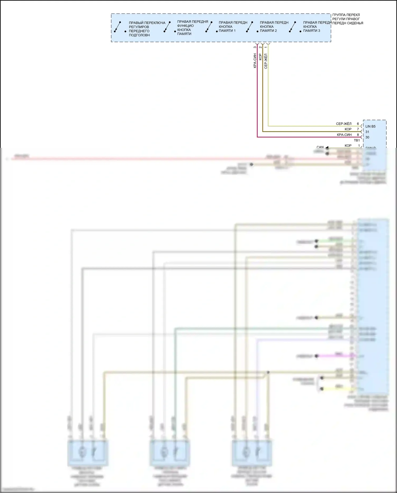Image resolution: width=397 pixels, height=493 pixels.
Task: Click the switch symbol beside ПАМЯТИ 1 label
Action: point(209,27)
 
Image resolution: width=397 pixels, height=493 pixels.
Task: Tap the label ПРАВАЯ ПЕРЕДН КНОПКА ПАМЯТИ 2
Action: point(274,26)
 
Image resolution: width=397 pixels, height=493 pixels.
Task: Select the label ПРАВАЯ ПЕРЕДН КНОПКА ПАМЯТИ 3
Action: point(317,26)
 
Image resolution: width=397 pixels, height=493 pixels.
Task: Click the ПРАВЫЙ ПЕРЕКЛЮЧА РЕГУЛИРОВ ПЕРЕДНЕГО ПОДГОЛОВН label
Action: point(147,29)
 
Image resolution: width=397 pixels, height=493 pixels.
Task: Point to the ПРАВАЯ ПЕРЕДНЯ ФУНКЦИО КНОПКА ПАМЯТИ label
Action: point(192,28)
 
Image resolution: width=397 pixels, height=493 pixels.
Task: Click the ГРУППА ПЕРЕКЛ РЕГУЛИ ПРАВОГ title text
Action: point(348,19)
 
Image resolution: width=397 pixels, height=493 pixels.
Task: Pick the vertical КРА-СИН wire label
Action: point(255,61)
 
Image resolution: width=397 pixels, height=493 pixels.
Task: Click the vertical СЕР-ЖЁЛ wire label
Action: point(266,61)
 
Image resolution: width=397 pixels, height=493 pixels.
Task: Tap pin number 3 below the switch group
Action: point(255,47)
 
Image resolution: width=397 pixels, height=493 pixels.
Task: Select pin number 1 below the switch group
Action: point(266,47)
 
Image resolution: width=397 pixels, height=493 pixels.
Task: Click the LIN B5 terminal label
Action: point(370,126)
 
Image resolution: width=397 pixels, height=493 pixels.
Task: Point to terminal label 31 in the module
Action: point(367,132)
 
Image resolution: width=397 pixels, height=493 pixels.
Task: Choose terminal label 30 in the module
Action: point(367,137)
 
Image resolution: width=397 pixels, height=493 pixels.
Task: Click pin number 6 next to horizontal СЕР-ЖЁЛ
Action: point(358,124)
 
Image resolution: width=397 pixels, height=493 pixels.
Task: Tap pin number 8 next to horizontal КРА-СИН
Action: point(358,135)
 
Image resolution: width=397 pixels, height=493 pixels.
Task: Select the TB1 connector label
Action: point(357,140)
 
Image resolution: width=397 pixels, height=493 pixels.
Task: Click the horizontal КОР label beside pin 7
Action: point(348,129)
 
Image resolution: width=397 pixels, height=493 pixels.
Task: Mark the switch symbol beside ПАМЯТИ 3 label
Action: point(292,27)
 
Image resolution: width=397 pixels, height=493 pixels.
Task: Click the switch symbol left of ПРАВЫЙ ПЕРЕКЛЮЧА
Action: point(117,27)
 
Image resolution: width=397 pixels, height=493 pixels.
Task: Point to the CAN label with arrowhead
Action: point(320,147)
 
